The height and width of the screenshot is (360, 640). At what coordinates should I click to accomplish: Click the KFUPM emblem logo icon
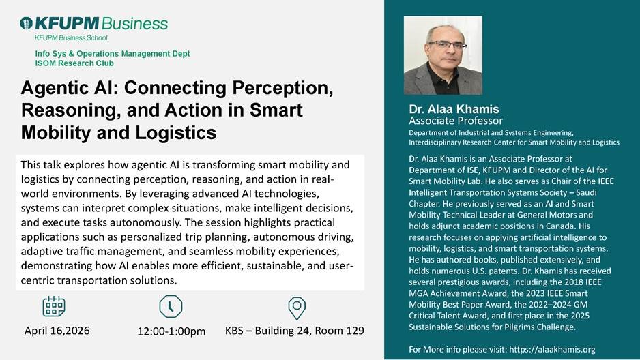(x=26, y=23)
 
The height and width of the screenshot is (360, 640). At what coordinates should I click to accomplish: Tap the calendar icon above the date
(x=54, y=306)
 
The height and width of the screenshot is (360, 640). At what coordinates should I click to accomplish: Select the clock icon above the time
(x=171, y=306)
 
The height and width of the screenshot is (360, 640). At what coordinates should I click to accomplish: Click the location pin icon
(x=297, y=308)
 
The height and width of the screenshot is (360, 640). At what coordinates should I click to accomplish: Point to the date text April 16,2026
(x=57, y=331)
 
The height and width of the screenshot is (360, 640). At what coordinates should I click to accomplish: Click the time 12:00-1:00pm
(x=171, y=331)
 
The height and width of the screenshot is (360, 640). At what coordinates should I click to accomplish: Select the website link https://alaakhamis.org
(x=552, y=349)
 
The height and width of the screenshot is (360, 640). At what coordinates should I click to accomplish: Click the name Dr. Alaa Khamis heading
(x=454, y=109)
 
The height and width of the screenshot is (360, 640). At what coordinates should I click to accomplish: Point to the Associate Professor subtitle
(x=456, y=121)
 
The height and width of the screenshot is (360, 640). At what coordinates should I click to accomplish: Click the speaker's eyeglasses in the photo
(x=446, y=45)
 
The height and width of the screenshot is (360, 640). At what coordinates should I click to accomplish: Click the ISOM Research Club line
(x=74, y=63)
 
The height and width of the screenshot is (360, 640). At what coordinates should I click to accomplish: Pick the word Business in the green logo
(x=134, y=23)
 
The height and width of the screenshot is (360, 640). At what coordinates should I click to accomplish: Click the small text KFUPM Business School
(x=71, y=38)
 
